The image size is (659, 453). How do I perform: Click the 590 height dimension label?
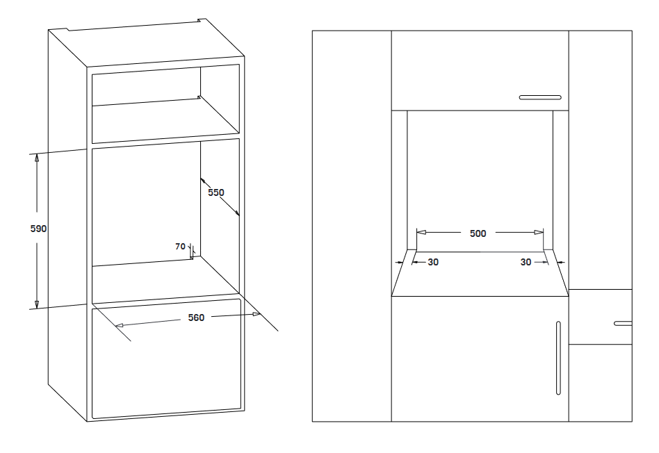pos(38,229)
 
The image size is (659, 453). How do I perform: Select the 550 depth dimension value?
pos(216,192)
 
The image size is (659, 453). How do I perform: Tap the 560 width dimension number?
pos(196,318)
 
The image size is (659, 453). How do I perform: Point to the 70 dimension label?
pos(180,246)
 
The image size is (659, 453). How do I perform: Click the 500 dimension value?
pos(478,233)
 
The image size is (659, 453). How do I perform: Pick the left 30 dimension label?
pos(433,262)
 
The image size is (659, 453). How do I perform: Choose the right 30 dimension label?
pos(526,262)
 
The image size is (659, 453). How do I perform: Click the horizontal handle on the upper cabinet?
pos(540,97)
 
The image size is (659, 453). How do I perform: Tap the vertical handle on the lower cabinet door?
pos(558,358)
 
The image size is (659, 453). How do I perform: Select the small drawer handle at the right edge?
pos(623,324)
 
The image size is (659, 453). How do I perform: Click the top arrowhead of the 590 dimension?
pos(37,158)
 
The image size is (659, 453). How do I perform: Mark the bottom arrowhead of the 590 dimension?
pos(37,304)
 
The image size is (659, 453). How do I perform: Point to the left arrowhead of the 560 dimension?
pos(120,325)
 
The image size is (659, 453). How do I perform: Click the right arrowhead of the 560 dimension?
pos(257,314)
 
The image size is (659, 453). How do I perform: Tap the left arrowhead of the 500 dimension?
pos(421,232)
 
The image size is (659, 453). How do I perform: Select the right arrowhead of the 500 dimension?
pos(539,232)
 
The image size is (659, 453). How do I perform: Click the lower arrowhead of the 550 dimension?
pos(236,213)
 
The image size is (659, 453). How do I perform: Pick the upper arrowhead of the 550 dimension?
pos(204,181)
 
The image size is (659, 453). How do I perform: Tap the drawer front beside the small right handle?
pos(600,317)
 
